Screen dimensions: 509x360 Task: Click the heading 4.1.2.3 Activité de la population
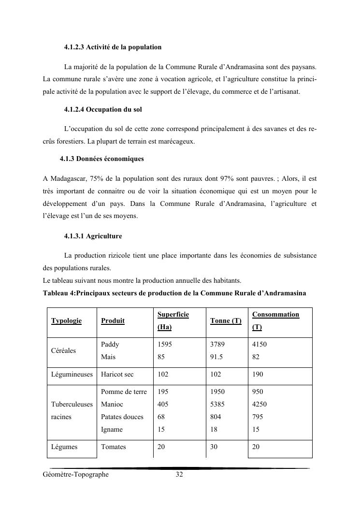pyautogui.click(x=113, y=47)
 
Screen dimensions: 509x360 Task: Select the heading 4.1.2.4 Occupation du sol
pyautogui.click(x=102, y=110)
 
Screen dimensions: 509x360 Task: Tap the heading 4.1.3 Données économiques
pyautogui.click(x=101, y=159)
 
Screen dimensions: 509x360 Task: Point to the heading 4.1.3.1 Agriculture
pyautogui.click(x=93, y=236)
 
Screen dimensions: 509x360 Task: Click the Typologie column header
pyautogui.click(x=66, y=321)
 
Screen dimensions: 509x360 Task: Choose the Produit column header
pyautogui.click(x=113, y=321)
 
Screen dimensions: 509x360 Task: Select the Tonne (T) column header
pyautogui.click(x=226, y=321)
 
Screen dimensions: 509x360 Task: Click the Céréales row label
pyautogui.click(x=63, y=351)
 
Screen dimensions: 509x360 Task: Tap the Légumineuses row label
pyautogui.click(x=72, y=375)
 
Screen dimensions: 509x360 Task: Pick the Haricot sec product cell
pyautogui.click(x=117, y=375)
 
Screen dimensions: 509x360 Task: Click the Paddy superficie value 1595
pyautogui.click(x=165, y=345)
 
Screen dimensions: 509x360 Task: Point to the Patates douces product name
pyautogui.click(x=122, y=417)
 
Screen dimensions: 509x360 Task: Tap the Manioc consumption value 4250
pyautogui.click(x=259, y=405)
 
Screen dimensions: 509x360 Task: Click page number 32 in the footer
pyautogui.click(x=179, y=475)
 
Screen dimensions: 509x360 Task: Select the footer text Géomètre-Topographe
pyautogui.click(x=75, y=475)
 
